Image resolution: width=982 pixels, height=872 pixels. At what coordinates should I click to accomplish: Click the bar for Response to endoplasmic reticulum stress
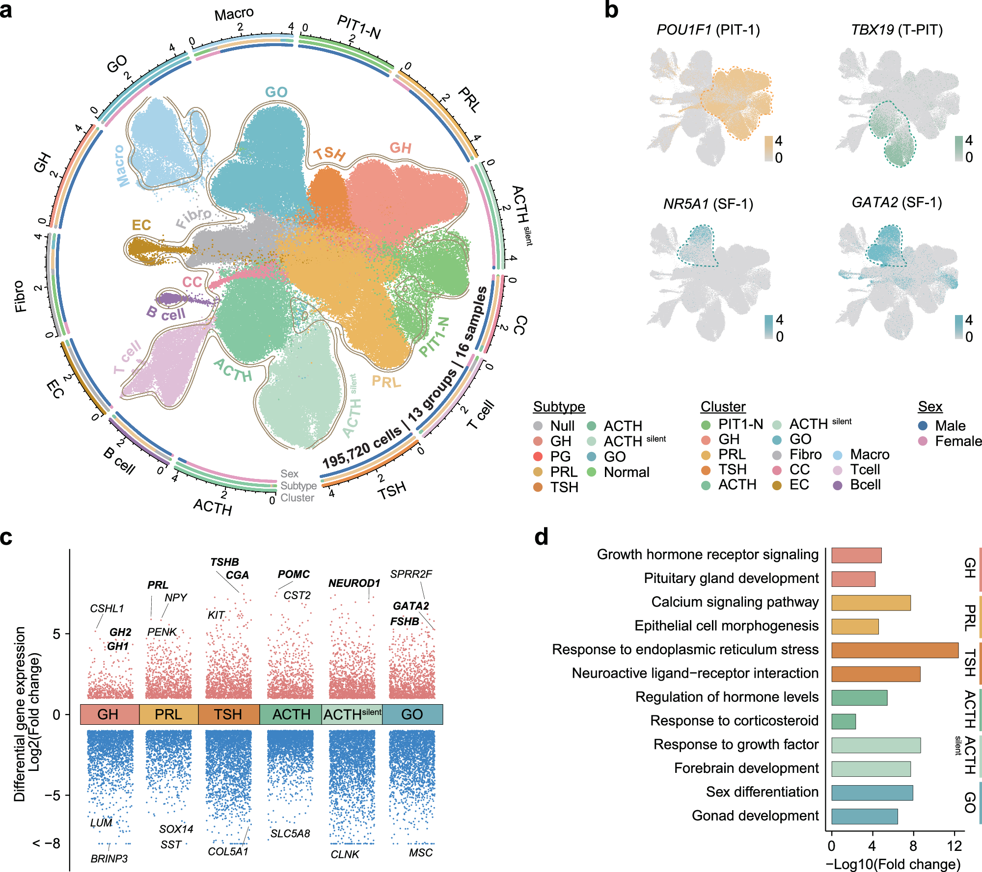click(x=895, y=650)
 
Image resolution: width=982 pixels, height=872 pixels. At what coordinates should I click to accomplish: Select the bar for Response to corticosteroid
click(x=844, y=721)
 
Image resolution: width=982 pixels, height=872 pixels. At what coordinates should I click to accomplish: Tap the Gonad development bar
click(x=864, y=816)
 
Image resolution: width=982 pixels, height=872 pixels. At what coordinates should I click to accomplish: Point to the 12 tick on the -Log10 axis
click(x=955, y=846)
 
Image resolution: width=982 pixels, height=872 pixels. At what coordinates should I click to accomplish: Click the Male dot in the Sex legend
click(x=923, y=425)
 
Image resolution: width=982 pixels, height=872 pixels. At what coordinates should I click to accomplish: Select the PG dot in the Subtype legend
click(x=538, y=456)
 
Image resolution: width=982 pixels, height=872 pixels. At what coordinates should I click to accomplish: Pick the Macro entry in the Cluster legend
click(x=869, y=454)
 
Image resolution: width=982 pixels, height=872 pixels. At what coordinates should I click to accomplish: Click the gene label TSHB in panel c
click(x=224, y=562)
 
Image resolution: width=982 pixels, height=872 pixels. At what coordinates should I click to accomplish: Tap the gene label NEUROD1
click(x=354, y=583)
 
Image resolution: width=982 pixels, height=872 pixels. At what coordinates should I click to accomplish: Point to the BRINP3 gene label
click(x=109, y=859)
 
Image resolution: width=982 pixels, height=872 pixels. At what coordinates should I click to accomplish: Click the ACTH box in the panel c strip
click(x=291, y=714)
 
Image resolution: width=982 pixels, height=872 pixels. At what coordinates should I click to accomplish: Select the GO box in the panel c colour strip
click(x=412, y=714)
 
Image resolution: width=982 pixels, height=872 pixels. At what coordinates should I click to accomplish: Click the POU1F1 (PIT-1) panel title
click(x=708, y=30)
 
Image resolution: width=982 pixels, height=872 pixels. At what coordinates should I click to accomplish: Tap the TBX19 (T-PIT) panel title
click(x=897, y=30)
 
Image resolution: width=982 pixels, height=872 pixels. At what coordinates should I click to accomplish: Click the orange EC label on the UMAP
click(x=141, y=225)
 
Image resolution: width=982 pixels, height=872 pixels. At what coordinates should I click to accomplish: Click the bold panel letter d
click(x=541, y=537)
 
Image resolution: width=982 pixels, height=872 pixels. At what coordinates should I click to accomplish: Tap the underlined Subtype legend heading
click(x=559, y=407)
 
